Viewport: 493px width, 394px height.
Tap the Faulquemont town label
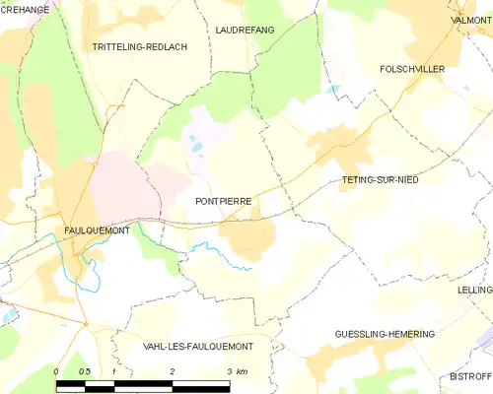(97, 230)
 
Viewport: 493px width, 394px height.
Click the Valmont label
(471, 19)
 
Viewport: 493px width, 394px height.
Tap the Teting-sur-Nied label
(380, 180)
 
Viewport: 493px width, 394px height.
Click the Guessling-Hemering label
(385, 335)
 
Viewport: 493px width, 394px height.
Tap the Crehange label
(25, 9)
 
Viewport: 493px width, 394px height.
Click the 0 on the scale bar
(56, 371)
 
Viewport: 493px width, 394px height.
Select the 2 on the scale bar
(172, 371)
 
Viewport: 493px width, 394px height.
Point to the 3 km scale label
(236, 371)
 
